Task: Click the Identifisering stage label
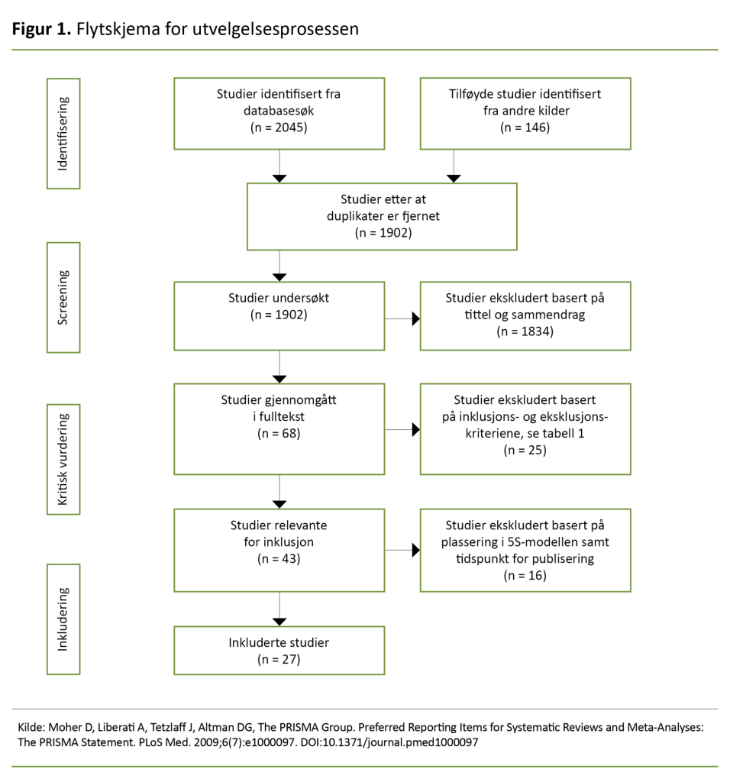[x=63, y=134]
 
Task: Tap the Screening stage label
[x=63, y=297]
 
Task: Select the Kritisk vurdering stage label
[x=63, y=459]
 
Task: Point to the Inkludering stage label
[x=63, y=619]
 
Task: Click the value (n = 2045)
[x=279, y=128]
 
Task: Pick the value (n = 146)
[x=525, y=128]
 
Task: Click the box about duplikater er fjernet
[x=382, y=216]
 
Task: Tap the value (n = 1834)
[x=525, y=331]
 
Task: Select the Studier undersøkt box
[x=279, y=315]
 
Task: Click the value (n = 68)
[x=279, y=433]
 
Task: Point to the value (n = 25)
[x=525, y=451]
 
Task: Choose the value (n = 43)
[x=279, y=559]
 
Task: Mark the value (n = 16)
[x=525, y=576]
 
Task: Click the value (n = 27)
[x=279, y=659]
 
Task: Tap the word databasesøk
[x=279, y=111]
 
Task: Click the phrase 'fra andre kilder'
[x=525, y=111]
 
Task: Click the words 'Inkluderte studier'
[x=279, y=642]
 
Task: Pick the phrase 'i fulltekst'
[x=279, y=416]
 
